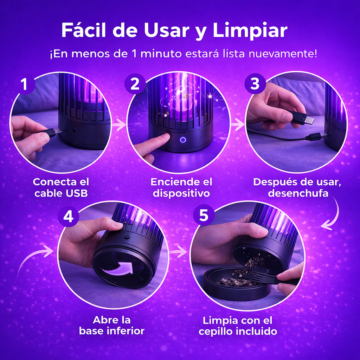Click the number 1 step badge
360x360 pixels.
[25, 84]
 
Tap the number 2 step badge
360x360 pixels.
[135, 84]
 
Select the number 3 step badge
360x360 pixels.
[255, 84]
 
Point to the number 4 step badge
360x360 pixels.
[68, 216]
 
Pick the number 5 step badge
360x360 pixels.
[204, 216]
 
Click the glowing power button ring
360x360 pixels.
[183, 140]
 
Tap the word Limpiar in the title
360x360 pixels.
[250, 31]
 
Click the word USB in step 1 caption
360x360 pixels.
[77, 193]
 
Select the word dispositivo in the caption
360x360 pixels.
[181, 194]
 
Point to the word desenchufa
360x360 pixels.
[298, 193]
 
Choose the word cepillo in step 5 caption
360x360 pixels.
[216, 332]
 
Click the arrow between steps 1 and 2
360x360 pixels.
[119, 125]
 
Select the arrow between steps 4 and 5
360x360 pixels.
[178, 251]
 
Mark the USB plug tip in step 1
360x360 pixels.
[58, 131]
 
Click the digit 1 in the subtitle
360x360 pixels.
[135, 54]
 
